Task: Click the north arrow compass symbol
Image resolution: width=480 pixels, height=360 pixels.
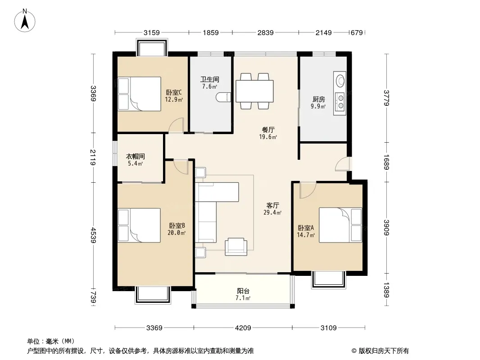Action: coord(25,20)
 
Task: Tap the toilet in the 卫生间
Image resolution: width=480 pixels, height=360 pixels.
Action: coord(223,97)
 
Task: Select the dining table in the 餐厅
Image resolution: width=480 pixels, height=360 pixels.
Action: coord(254,91)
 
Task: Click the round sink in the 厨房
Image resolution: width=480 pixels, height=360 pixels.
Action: coord(340,81)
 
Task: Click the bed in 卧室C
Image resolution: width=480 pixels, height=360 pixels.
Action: coord(140,94)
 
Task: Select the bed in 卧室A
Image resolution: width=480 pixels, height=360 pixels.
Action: coord(340,225)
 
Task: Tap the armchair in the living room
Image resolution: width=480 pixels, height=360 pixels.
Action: coord(235,247)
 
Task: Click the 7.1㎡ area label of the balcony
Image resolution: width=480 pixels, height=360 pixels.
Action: coord(243,298)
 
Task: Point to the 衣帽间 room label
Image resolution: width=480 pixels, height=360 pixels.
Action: coord(135,156)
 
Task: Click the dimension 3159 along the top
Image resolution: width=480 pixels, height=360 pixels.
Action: coord(152,32)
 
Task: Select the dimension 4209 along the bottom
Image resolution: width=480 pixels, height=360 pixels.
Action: coord(243,328)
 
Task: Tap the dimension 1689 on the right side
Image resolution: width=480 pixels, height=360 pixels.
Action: coord(386,162)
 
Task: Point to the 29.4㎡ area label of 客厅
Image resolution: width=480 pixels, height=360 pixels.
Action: coord(272,212)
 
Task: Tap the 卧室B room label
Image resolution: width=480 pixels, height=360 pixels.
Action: coord(177,225)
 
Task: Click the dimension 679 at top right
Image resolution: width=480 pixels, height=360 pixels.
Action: coord(357,32)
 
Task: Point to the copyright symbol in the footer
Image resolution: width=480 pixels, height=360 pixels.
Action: coord(354,351)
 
